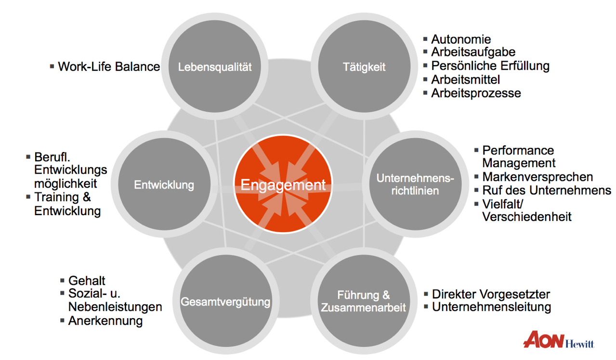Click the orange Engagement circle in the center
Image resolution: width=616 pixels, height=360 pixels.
pyautogui.click(x=283, y=185)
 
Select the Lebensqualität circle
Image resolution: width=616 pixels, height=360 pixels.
pyautogui.click(x=215, y=66)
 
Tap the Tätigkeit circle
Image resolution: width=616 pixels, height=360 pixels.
pyautogui.click(x=364, y=66)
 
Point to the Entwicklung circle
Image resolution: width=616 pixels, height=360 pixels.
pyautogui.click(x=164, y=185)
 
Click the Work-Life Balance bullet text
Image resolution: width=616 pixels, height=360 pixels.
pyautogui.click(x=109, y=66)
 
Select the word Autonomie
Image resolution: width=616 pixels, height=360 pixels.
pyautogui.click(x=461, y=39)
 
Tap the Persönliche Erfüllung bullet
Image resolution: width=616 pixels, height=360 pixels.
pyautogui.click(x=490, y=65)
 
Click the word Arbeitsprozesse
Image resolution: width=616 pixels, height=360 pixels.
pyautogui.click(x=476, y=93)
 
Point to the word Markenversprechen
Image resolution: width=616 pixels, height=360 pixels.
pyautogui.click(x=537, y=177)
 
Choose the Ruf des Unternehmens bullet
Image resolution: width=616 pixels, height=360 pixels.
pyautogui.click(x=547, y=190)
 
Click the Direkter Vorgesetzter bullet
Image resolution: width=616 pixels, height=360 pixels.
pyautogui.click(x=491, y=294)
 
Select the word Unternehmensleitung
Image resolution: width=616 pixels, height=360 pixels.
pyautogui.click(x=492, y=307)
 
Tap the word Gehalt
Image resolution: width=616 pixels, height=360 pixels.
pyautogui.click(x=87, y=281)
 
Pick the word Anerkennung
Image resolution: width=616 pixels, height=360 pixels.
pyautogui.click(x=105, y=321)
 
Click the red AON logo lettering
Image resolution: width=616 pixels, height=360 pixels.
pyautogui.click(x=543, y=339)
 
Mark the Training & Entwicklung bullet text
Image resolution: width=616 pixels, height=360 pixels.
pyautogui.click(x=67, y=204)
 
